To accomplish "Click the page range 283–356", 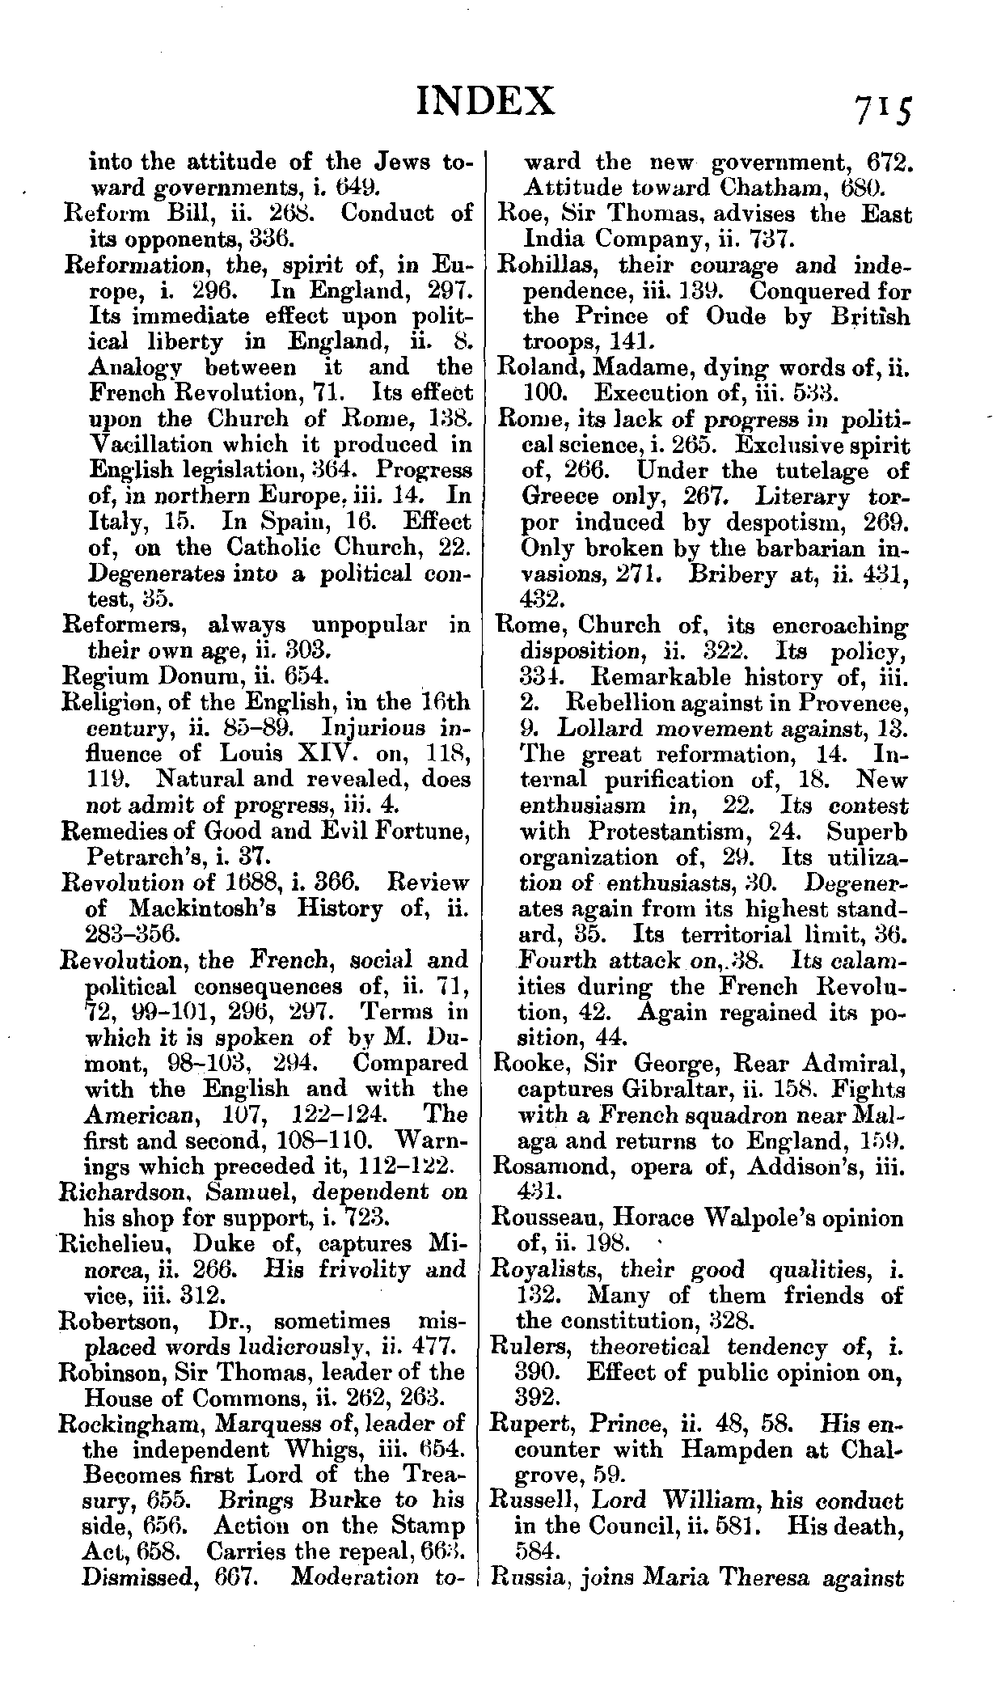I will (131, 934).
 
